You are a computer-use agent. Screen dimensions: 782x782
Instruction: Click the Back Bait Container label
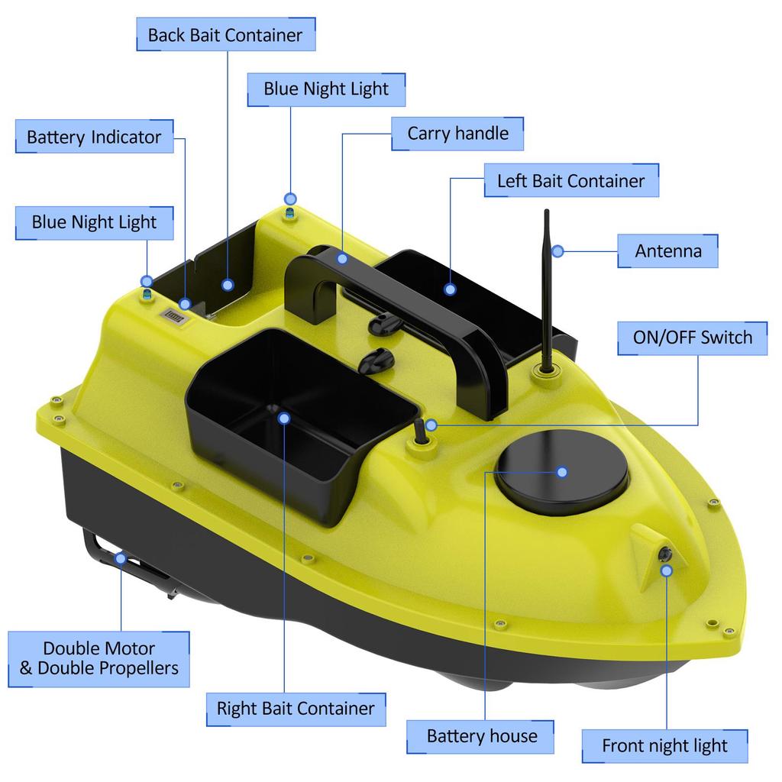(x=225, y=34)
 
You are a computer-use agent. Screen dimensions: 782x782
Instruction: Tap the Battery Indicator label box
(x=94, y=137)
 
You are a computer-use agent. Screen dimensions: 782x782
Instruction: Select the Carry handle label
(x=457, y=134)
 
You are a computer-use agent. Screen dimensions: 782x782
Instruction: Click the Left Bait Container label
(x=570, y=181)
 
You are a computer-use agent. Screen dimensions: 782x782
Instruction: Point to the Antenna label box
(x=667, y=250)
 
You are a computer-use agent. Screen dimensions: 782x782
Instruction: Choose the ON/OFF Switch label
(x=692, y=338)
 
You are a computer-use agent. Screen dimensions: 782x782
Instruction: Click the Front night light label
(x=664, y=745)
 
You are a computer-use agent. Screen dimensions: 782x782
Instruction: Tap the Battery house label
(x=481, y=736)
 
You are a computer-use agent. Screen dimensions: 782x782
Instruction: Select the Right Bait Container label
(x=296, y=708)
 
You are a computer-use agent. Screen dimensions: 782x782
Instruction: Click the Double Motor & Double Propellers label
(x=99, y=658)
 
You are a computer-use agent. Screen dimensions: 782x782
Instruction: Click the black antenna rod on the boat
(x=547, y=290)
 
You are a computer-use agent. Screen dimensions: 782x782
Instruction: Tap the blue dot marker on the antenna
(x=558, y=250)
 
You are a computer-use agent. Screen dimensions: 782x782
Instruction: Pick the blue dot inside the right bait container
(x=284, y=418)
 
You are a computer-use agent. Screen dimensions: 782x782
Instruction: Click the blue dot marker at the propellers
(x=121, y=558)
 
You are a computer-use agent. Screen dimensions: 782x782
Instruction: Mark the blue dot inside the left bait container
(x=450, y=289)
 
